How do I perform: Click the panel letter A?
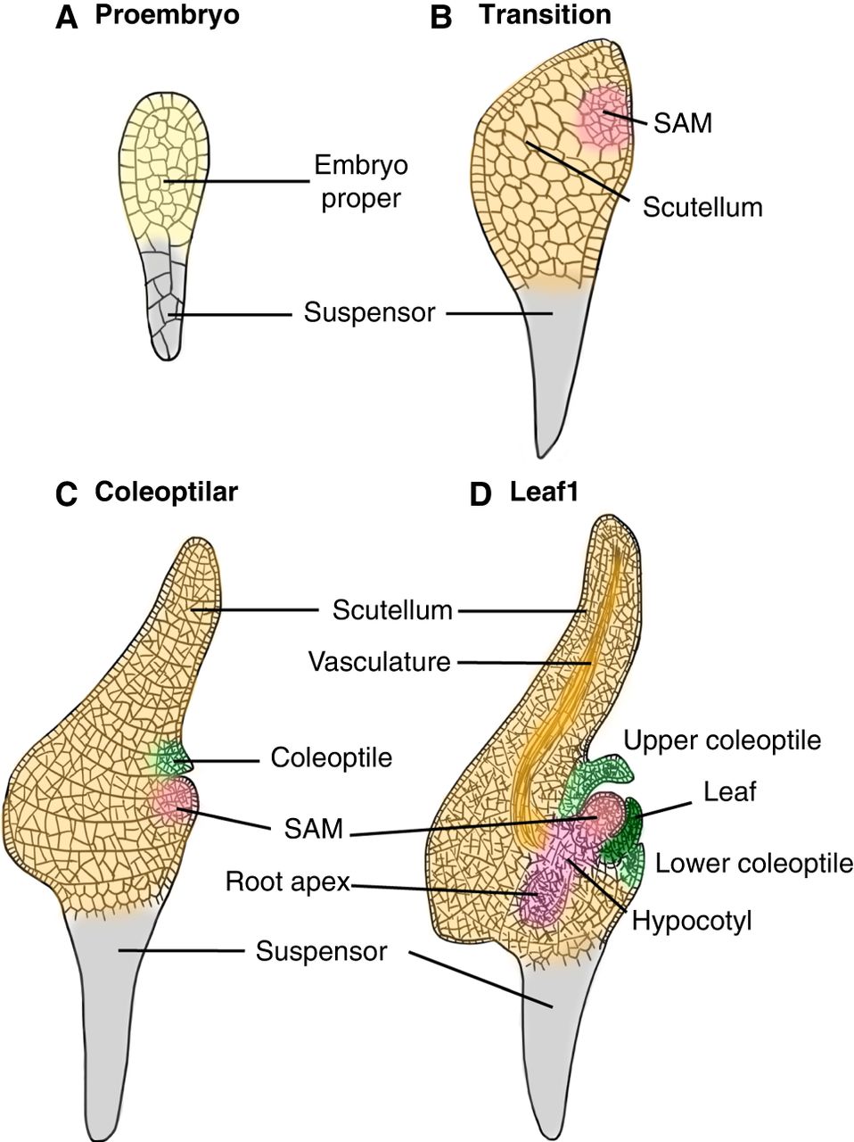coord(67,17)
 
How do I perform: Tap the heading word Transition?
coord(545,15)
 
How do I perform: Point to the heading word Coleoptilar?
coord(166,492)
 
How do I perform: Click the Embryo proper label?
coord(360,181)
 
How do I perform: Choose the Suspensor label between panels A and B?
coord(369,313)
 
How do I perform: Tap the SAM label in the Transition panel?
coord(683,123)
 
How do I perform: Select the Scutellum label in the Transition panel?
coord(702,207)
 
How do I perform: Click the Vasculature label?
coord(379,662)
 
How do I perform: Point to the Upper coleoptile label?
coord(722,741)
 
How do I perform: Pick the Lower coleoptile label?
coord(754,863)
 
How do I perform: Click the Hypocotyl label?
coord(692,920)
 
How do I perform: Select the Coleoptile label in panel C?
coord(332,758)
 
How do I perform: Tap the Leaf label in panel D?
coord(729,790)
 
